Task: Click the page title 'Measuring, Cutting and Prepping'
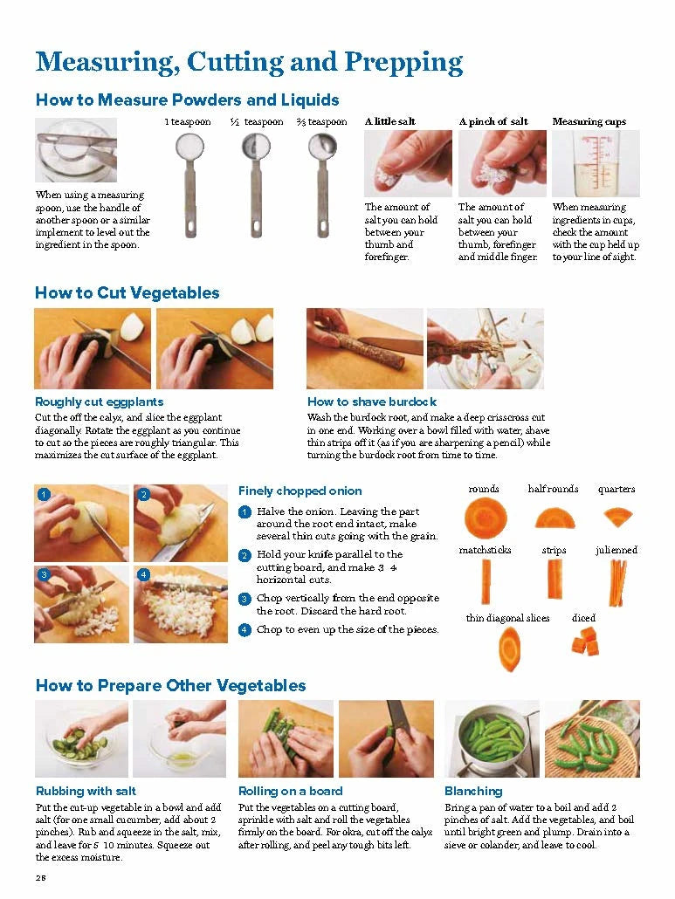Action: point(249,62)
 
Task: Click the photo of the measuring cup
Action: point(596,163)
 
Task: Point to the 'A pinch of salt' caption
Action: point(493,121)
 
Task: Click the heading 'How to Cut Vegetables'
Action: point(127,292)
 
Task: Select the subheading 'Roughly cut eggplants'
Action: point(99,401)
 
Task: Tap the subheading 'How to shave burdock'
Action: point(371,401)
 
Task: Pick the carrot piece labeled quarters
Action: point(617,516)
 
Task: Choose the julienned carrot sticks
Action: point(616,581)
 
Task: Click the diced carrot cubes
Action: point(584,644)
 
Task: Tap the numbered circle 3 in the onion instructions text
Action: point(245,599)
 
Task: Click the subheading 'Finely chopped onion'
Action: point(300,491)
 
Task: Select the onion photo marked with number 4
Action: point(181,604)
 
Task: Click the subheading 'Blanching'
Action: point(473,791)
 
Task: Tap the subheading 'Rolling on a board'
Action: point(290,791)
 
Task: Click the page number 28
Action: point(41,876)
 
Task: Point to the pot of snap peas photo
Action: point(492,738)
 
